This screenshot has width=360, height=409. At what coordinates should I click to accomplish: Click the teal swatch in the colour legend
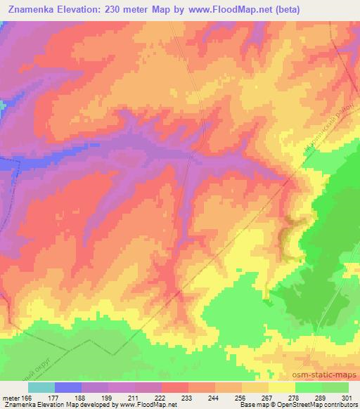41,387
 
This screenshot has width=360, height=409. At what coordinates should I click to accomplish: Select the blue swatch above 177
67,387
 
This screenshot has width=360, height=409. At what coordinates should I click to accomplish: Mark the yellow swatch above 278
283,387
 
